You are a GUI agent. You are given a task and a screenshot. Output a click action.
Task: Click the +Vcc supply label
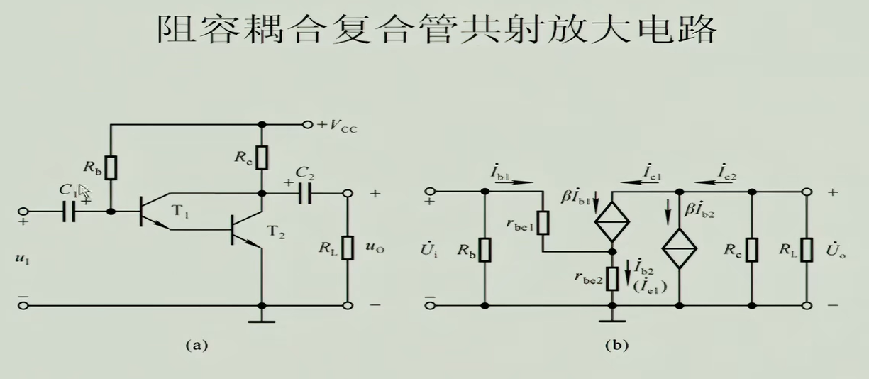(x=338, y=125)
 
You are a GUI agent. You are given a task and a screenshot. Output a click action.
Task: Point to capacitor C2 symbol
(x=306, y=193)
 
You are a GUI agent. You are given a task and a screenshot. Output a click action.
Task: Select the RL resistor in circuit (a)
(x=348, y=248)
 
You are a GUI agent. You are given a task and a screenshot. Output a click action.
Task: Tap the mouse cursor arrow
(x=84, y=191)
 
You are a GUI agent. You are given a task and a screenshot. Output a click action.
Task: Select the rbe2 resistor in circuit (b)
(x=611, y=278)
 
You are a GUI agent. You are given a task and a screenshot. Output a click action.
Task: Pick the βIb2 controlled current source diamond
(x=680, y=248)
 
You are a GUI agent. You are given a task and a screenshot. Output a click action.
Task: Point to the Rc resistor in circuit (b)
(x=751, y=248)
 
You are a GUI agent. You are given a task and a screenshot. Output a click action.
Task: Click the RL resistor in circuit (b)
(x=807, y=248)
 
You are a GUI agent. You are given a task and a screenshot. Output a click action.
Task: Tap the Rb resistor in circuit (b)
(x=484, y=248)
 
